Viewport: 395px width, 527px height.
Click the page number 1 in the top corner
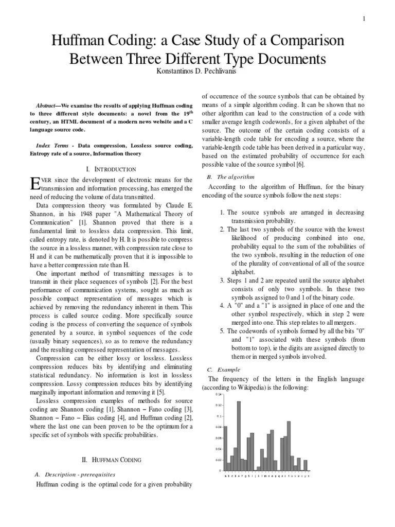pos(364,19)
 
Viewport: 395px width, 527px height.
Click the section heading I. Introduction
pos(111,169)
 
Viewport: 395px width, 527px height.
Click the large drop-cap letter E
pos(35,183)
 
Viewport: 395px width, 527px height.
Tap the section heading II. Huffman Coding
pos(112,460)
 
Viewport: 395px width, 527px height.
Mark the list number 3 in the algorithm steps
pos(222,280)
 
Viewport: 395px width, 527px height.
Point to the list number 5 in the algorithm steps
pos(222,331)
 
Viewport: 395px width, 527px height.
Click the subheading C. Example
pos(219,370)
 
